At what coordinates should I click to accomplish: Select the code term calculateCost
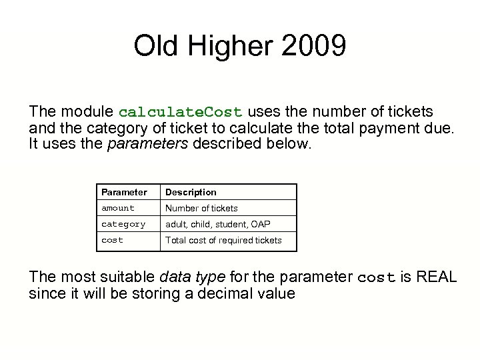181,111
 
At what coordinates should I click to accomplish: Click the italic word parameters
147,143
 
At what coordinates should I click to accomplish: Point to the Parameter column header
124,192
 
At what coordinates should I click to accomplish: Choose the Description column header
191,192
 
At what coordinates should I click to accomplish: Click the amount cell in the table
118,208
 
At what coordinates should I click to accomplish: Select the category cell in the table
123,224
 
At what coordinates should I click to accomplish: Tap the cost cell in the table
112,240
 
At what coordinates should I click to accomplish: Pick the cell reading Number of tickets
201,208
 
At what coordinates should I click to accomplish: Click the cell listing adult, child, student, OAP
217,224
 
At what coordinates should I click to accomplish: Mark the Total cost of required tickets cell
223,240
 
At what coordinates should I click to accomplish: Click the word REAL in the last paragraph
436,277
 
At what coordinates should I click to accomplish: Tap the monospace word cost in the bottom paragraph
377,277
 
